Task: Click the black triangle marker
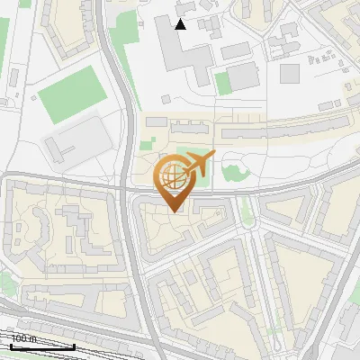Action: point(181,24)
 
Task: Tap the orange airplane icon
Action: point(199,163)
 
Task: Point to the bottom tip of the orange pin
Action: point(174,211)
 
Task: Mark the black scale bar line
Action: point(41,346)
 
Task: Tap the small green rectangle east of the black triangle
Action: point(223,83)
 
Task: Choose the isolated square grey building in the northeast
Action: point(290,73)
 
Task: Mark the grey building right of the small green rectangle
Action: point(244,76)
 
